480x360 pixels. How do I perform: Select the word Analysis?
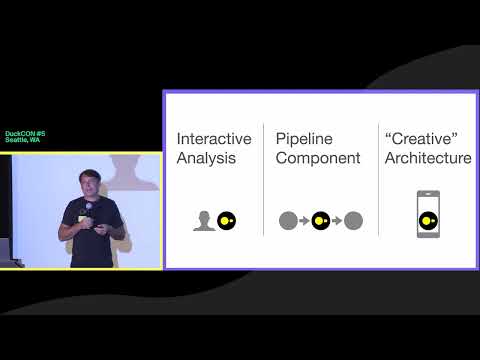(x=206, y=158)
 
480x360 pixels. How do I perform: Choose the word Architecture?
(x=427, y=158)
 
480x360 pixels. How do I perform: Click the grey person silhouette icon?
(x=204, y=221)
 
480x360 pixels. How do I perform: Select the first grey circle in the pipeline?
(x=287, y=221)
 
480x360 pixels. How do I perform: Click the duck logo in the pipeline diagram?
(x=320, y=221)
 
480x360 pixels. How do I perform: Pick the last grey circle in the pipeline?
(x=353, y=221)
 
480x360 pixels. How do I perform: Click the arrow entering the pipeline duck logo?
(x=303, y=221)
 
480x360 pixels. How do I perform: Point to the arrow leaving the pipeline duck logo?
(x=337, y=221)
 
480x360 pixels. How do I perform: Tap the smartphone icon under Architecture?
(x=428, y=215)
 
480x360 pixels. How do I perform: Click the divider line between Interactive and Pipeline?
(x=264, y=180)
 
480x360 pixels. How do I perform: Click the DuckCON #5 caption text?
(x=25, y=133)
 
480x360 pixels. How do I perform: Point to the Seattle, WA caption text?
(x=22, y=141)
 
